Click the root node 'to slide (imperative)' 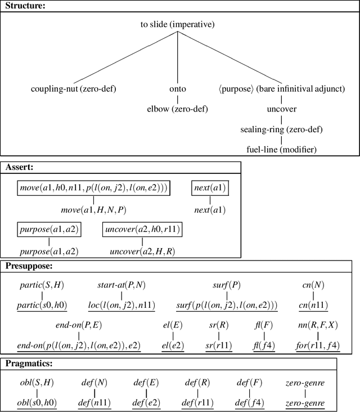click(177, 25)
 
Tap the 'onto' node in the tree click(178, 89)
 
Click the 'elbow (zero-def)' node click(178, 109)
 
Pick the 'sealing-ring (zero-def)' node click(282, 129)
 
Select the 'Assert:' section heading click(21, 167)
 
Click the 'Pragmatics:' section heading click(30, 364)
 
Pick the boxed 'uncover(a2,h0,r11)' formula click(142, 230)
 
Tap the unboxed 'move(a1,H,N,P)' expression click(93, 209)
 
